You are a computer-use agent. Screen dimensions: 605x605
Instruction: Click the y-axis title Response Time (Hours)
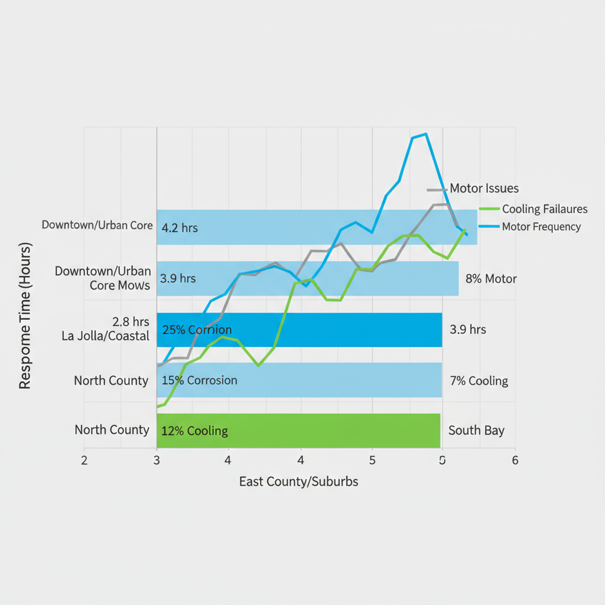(x=24, y=315)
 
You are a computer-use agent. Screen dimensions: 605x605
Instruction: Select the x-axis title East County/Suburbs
(x=298, y=482)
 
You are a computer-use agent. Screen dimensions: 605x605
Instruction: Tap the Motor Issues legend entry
(x=484, y=188)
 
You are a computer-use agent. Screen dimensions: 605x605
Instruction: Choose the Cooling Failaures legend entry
(x=544, y=209)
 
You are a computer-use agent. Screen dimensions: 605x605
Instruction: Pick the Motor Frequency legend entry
(x=541, y=227)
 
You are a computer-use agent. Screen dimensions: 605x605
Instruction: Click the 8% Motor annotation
(x=491, y=279)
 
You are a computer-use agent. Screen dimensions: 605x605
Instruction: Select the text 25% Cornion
(x=197, y=330)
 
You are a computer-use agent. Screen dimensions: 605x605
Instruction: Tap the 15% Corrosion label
(x=199, y=380)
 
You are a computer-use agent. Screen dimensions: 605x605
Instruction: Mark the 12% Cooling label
(x=194, y=431)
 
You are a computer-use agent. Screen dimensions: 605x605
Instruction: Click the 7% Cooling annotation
(x=479, y=380)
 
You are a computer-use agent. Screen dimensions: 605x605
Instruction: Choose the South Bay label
(x=476, y=430)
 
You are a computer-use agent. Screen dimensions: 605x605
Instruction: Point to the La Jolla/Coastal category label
(x=106, y=336)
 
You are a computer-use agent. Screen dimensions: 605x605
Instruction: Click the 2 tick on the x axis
(x=84, y=460)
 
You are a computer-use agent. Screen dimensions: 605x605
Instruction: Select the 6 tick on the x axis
(x=515, y=460)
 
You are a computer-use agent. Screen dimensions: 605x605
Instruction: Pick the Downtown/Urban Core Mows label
(x=103, y=278)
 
